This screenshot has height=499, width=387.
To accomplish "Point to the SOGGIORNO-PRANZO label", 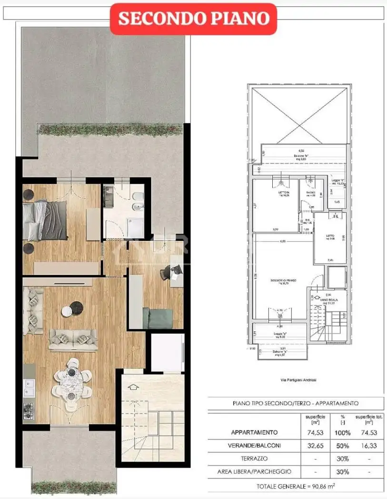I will (x=284, y=280).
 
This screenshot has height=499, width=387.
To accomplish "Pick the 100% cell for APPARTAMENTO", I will (x=342, y=432).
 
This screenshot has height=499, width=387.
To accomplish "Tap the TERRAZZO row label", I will (x=254, y=459).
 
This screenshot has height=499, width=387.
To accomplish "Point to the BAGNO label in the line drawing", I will (x=310, y=192).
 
